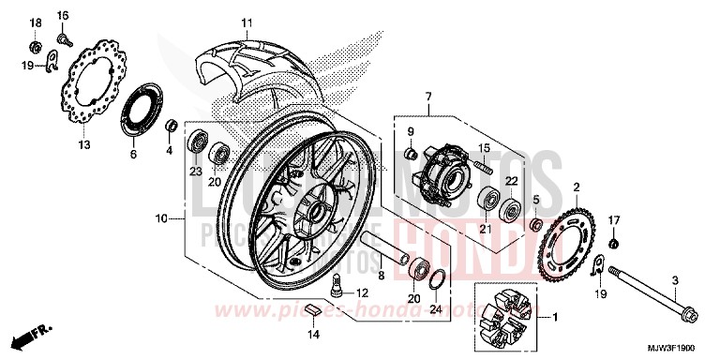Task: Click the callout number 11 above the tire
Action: coord(247,22)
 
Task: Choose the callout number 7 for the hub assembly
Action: coord(427,97)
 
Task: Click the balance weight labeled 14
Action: coord(317,311)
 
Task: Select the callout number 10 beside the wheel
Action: coord(161,218)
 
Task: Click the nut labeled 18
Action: coord(36,46)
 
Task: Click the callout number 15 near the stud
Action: coord(486,149)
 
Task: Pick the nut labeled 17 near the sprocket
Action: coord(613,244)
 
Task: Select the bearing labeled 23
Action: coord(197,142)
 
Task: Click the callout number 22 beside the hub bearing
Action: coord(513,180)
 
